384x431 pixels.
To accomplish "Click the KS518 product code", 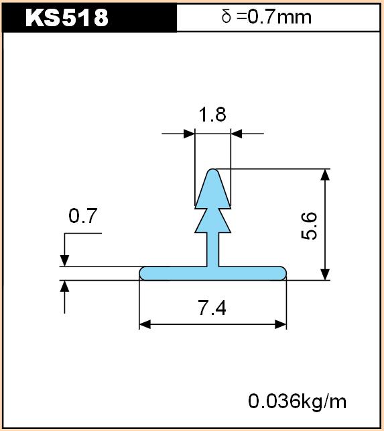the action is (x=67, y=17).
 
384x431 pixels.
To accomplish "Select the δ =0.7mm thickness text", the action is (x=267, y=17).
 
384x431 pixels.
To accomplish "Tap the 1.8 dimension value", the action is (x=212, y=114).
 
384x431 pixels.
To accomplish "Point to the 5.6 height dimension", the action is (x=309, y=226).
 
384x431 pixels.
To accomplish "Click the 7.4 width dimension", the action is (x=212, y=308).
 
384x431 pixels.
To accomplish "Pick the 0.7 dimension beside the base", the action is (x=83, y=215).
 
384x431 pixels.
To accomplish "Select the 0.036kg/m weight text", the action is (x=298, y=401).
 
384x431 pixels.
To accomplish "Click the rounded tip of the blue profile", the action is (x=212, y=171).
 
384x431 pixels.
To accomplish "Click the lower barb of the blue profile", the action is (x=212, y=222).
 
